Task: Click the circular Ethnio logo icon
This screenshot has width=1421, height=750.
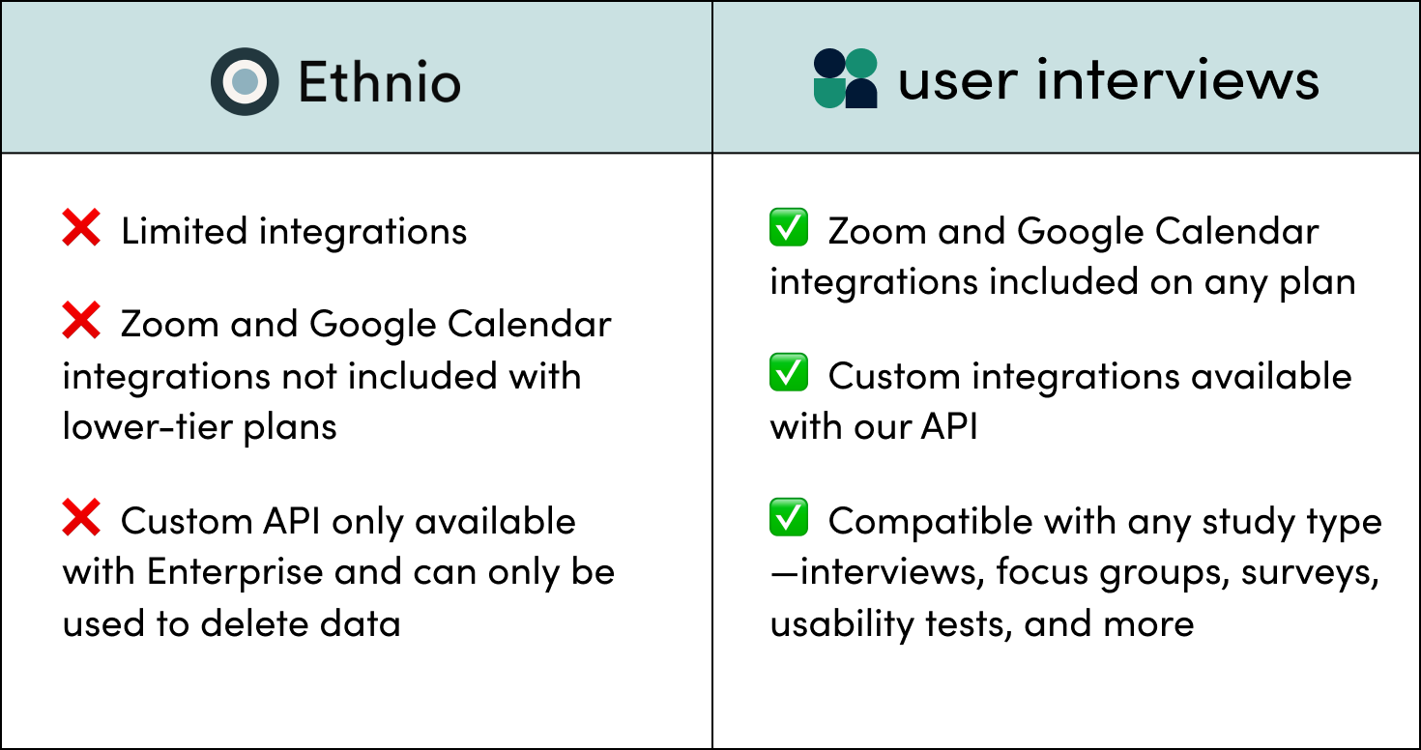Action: point(246,81)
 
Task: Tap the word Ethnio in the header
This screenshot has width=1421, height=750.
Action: point(379,81)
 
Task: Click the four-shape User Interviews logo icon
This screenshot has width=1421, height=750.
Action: point(845,78)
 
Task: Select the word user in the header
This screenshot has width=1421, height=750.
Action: point(958,81)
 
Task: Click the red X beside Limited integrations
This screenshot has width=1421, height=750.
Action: point(81,229)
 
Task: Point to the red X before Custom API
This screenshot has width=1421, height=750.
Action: point(81,519)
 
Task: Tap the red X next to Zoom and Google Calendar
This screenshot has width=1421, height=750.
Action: point(81,323)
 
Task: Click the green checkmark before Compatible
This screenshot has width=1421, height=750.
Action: point(789,519)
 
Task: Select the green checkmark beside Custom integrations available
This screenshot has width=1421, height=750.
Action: point(789,374)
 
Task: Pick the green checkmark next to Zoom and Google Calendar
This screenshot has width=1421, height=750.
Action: point(789,229)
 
